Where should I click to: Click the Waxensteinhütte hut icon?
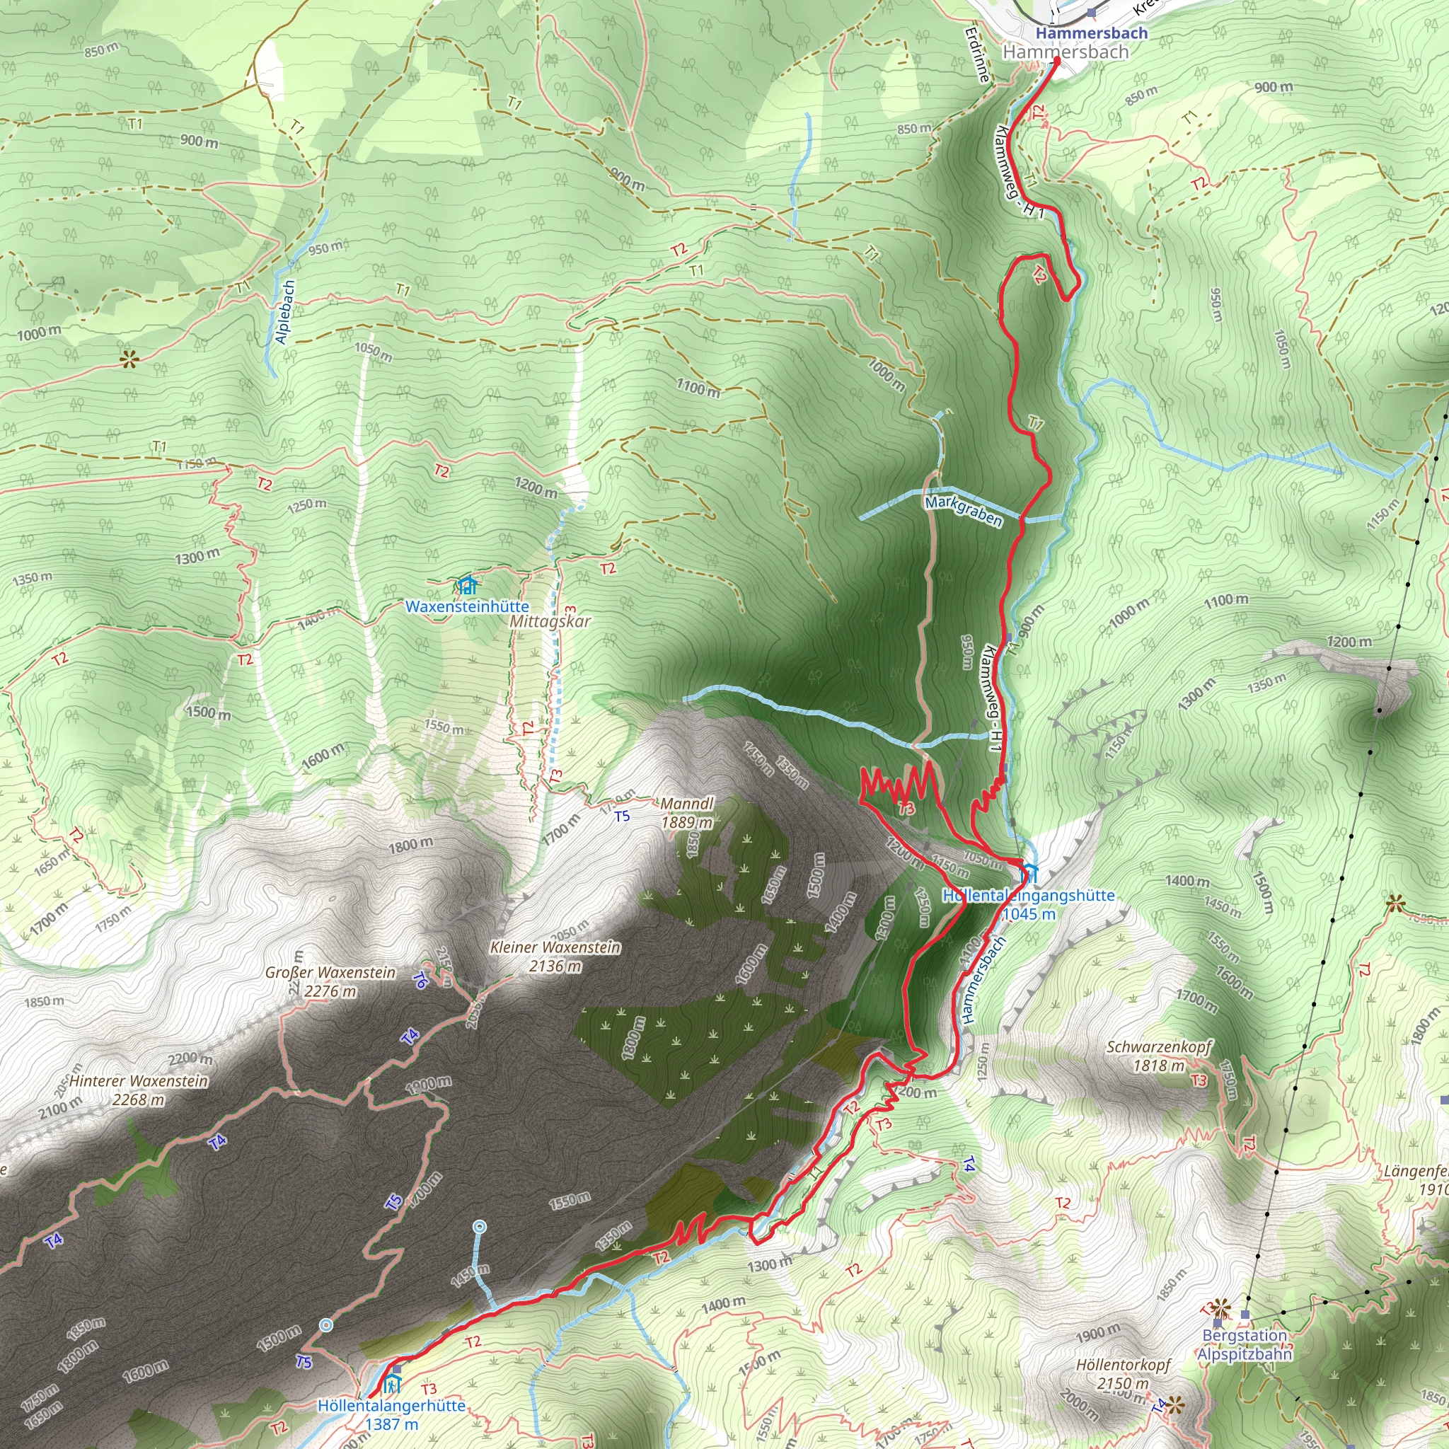coord(467,585)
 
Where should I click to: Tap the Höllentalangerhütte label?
coord(391,1406)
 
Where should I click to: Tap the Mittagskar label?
coord(550,622)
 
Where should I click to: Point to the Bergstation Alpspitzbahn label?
coord(1245,1344)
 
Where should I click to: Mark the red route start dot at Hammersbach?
coord(1057,62)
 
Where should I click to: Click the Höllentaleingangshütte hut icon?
coord(1029,872)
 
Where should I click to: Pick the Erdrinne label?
coord(978,55)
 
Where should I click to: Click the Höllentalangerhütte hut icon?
coord(392,1382)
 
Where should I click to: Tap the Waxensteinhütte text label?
coord(467,606)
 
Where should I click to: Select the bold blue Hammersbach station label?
coord(1091,33)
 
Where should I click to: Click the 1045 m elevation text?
coord(1028,913)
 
